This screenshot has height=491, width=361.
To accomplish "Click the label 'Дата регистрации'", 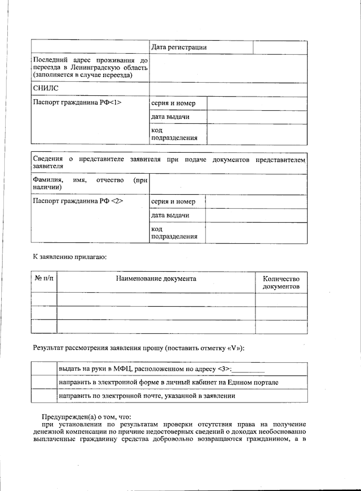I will click(179, 47).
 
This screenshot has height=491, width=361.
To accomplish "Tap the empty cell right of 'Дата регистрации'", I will click(280, 48).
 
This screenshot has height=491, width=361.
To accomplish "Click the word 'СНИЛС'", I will click(46, 88).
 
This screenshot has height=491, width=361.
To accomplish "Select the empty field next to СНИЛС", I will click(228, 89).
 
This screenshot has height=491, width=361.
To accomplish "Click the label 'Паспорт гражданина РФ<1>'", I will click(77, 102).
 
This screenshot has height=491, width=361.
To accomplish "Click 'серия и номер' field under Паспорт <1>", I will click(257, 103).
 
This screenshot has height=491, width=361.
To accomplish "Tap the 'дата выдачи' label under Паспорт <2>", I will click(170, 215).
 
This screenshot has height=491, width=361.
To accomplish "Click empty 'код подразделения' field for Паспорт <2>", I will click(256, 233).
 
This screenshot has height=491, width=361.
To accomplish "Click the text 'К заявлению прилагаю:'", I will click(70, 257).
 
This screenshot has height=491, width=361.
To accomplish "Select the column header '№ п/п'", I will click(44, 278).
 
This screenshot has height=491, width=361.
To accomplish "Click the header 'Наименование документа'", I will click(156, 279).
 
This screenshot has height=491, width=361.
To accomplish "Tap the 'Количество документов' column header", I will click(281, 282).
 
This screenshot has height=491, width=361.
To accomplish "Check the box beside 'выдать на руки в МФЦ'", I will click(44, 369).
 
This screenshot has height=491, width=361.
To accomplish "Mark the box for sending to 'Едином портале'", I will click(44, 382).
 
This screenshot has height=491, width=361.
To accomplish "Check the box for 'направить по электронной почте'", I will click(44, 396).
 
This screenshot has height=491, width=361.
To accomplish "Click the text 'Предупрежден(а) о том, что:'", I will click(86, 417).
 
